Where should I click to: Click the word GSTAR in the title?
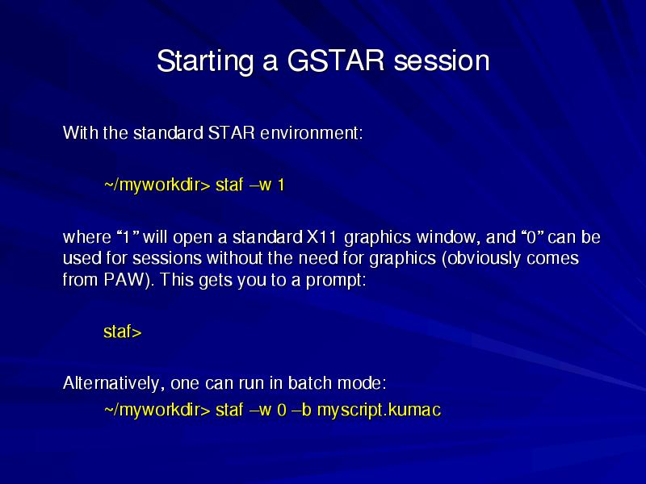336,60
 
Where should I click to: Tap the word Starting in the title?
205,61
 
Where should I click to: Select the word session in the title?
442,61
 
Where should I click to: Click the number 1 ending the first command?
281,185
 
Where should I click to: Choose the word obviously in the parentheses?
480,259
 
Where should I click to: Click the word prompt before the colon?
333,281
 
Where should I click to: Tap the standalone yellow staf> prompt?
123,332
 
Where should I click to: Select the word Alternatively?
111,383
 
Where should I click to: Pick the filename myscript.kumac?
379,411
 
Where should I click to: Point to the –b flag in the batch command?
301,410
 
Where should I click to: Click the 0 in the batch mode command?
281,410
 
